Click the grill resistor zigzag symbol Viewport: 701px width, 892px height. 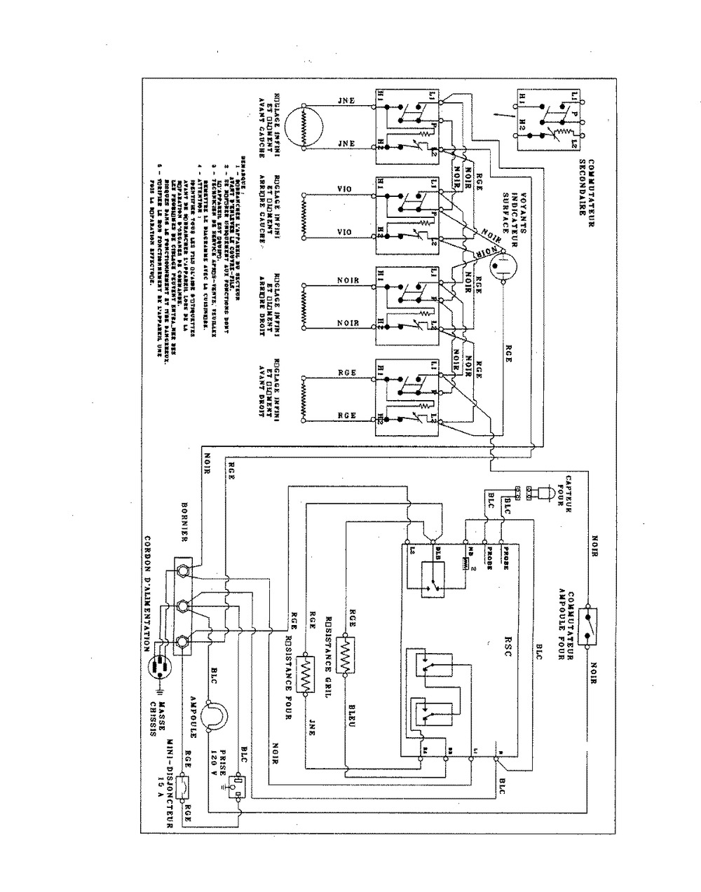click(x=344, y=655)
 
